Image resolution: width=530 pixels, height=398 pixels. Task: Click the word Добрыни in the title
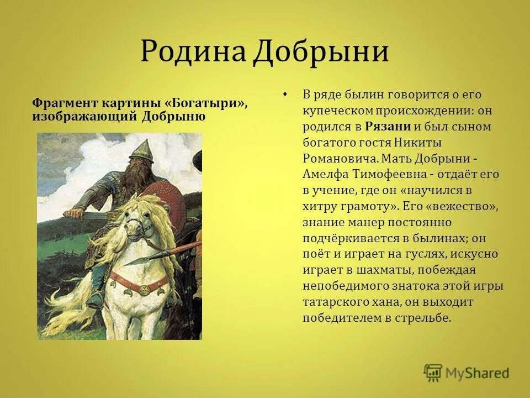[x=321, y=52]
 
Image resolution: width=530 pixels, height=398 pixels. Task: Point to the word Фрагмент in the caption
[x=65, y=104]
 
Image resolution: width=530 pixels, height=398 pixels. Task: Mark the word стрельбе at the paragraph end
[x=427, y=318]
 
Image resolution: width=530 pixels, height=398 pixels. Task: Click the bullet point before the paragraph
[x=284, y=95]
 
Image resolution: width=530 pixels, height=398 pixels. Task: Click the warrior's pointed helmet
[x=142, y=148]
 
